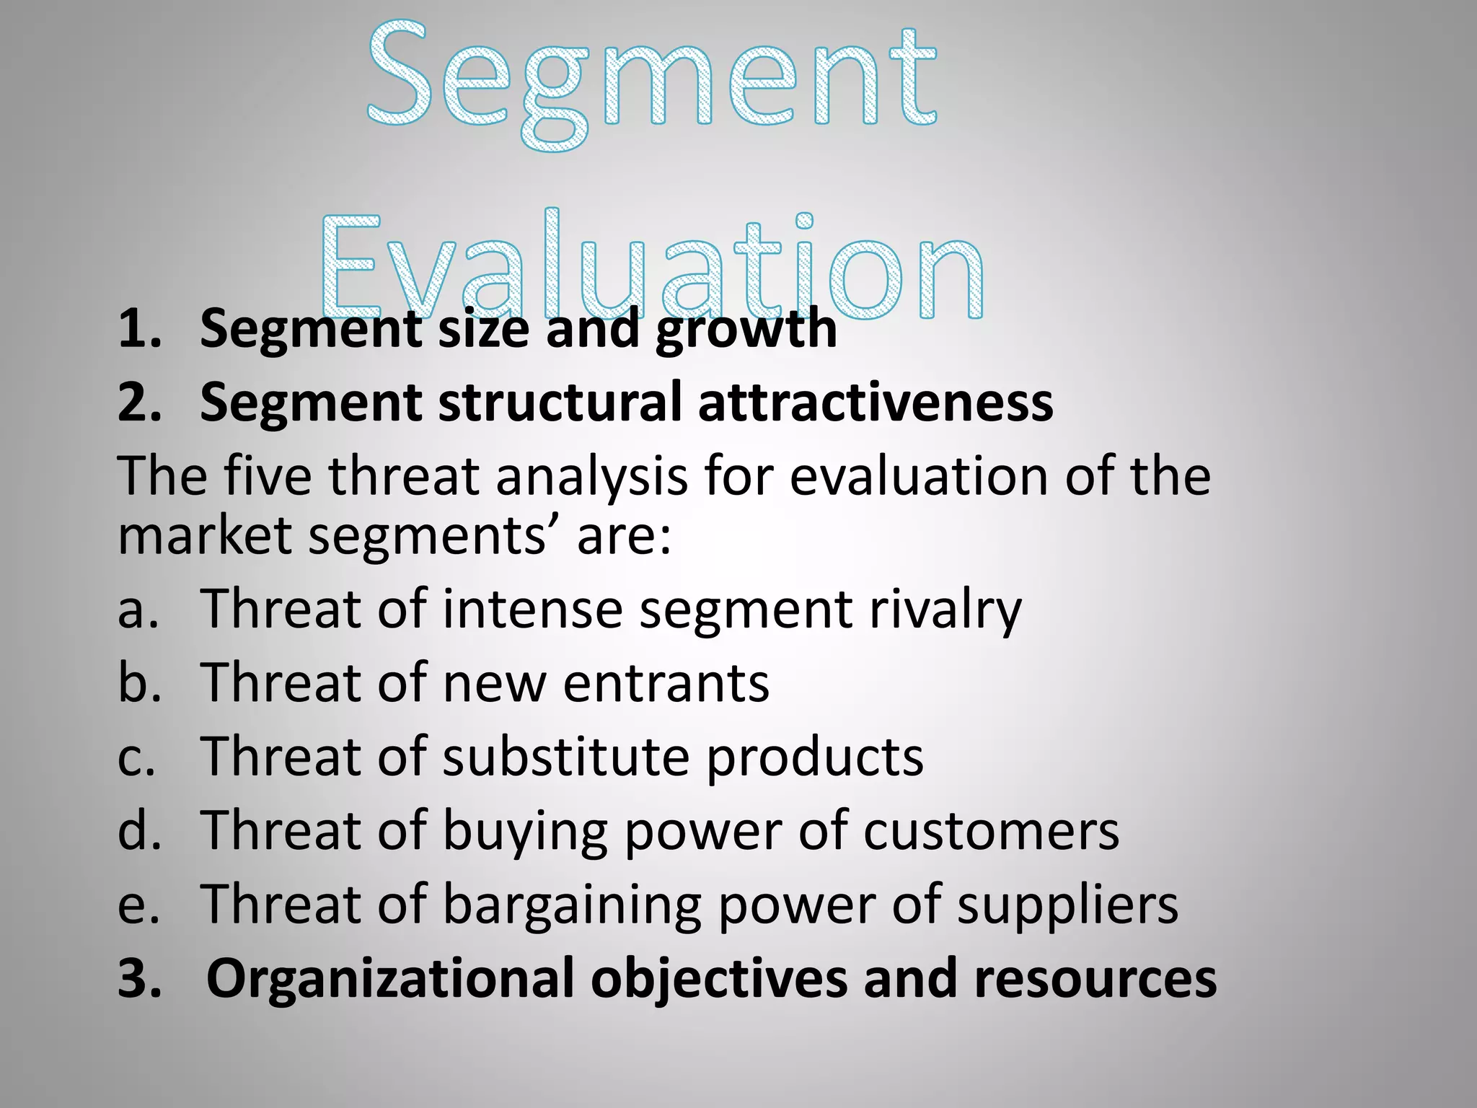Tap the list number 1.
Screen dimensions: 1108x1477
click(139, 328)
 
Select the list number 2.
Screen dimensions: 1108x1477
click(139, 402)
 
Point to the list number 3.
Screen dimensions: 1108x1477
click(139, 979)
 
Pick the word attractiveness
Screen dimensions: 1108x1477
click(875, 402)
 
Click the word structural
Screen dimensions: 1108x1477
click(560, 402)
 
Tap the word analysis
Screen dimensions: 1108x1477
click(591, 478)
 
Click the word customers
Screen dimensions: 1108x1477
click(991, 831)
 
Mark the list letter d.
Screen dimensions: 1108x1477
click(138, 830)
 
